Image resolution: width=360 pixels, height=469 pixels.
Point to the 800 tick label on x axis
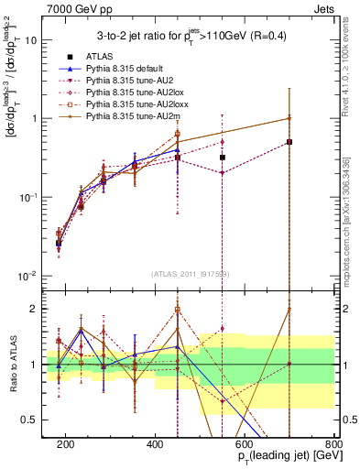(333, 442)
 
